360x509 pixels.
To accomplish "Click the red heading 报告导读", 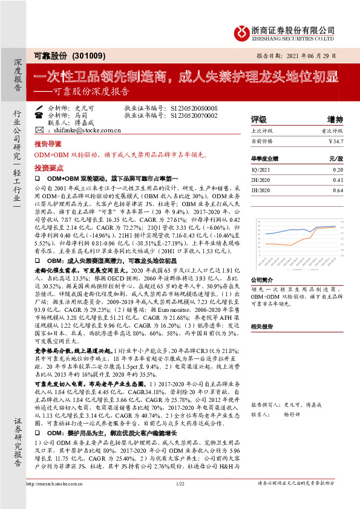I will tap(48, 145).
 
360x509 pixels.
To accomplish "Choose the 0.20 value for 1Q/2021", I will tap(337, 170).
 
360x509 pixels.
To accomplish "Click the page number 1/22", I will tap(180, 500).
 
